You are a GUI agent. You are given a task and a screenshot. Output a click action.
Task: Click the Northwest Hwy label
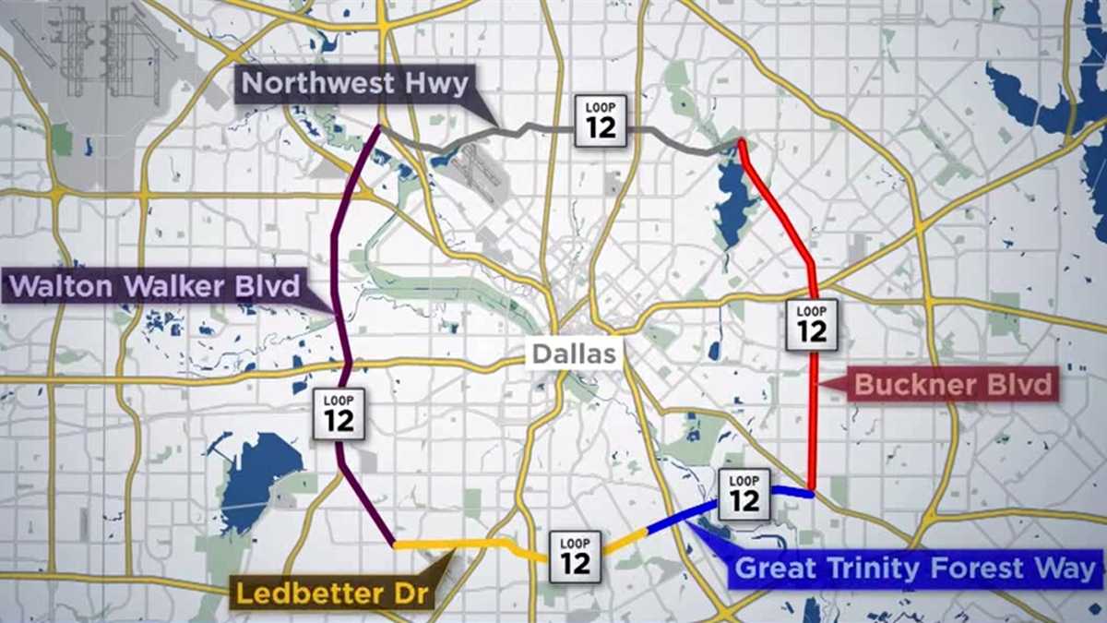[x=355, y=84]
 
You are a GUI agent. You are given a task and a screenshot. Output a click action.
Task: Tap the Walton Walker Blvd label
[x=154, y=287]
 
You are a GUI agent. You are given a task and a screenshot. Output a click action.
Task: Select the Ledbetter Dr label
[x=333, y=592]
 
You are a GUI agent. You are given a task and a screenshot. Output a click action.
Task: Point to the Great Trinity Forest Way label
[x=918, y=569]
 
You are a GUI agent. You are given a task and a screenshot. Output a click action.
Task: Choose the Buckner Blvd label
[x=952, y=384]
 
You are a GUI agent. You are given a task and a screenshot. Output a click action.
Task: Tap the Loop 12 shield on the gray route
[x=601, y=120]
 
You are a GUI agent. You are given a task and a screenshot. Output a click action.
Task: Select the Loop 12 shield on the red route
[x=812, y=324]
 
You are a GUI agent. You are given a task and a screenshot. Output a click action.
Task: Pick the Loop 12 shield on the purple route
[x=339, y=413]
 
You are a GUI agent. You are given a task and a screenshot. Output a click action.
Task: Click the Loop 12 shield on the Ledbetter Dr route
[x=575, y=557]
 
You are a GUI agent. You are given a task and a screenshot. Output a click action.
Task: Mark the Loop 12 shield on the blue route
[x=744, y=493]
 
